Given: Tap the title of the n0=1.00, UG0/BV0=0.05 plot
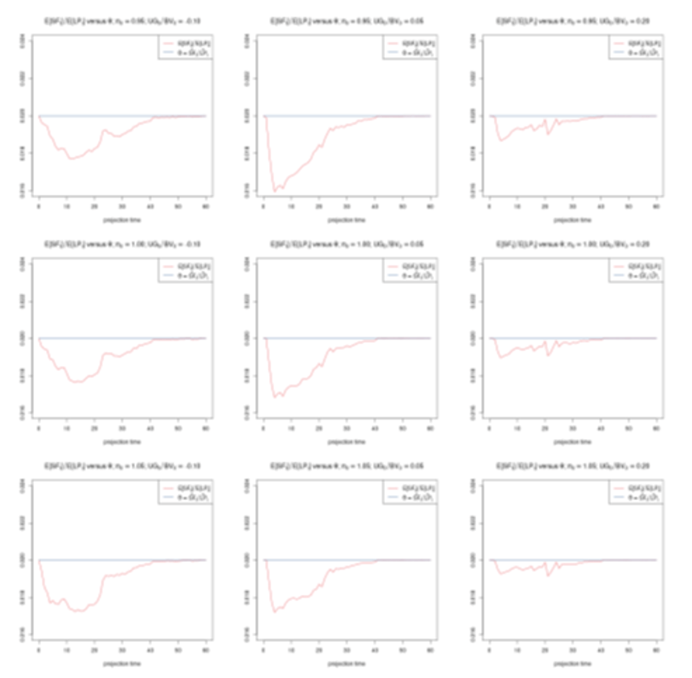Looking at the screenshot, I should (x=347, y=244).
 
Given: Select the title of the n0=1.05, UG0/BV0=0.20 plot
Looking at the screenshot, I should (x=572, y=466).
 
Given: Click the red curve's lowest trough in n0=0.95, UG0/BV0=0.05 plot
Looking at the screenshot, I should (x=275, y=191).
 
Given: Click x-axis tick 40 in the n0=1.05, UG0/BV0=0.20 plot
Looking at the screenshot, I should (x=601, y=652).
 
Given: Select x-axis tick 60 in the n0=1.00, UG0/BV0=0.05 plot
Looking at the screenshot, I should (x=430, y=429).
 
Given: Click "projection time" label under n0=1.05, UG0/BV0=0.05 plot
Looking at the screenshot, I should (x=347, y=664).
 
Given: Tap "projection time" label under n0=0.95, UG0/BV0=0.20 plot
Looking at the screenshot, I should (x=572, y=220).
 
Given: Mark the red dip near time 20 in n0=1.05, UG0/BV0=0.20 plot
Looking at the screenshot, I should (x=548, y=575).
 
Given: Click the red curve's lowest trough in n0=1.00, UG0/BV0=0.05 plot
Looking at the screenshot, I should (x=275, y=397).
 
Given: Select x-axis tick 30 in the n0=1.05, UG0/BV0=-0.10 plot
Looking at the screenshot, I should (x=122, y=652).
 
